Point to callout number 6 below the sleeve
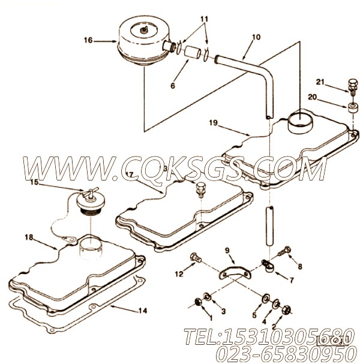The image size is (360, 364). [x=173, y=86]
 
